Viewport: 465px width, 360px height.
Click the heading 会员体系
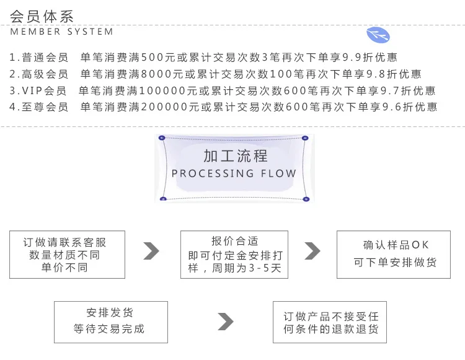tap(42, 16)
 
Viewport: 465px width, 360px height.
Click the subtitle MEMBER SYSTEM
tap(61, 32)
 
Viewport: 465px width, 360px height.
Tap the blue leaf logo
tap(378, 35)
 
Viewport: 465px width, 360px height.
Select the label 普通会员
tap(45, 57)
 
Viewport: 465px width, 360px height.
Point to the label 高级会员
tap(45, 74)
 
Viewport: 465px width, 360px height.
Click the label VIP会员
tap(44, 90)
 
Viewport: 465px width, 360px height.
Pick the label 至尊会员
tap(45, 107)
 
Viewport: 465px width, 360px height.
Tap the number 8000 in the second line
tap(157, 74)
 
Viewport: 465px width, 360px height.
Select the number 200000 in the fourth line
tap(164, 107)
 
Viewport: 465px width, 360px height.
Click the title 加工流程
tap(236, 156)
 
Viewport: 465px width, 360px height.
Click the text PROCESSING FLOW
tap(234, 173)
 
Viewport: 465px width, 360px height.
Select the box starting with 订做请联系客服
tap(68, 255)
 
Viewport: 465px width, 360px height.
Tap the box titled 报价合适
tap(234, 255)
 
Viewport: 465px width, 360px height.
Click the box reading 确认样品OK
tap(394, 255)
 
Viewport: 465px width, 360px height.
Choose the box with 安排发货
tap(111, 322)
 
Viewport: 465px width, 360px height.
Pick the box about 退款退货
tap(330, 322)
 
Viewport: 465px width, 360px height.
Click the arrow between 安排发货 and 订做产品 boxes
tap(226, 322)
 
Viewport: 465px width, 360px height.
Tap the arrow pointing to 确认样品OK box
tap(312, 251)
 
